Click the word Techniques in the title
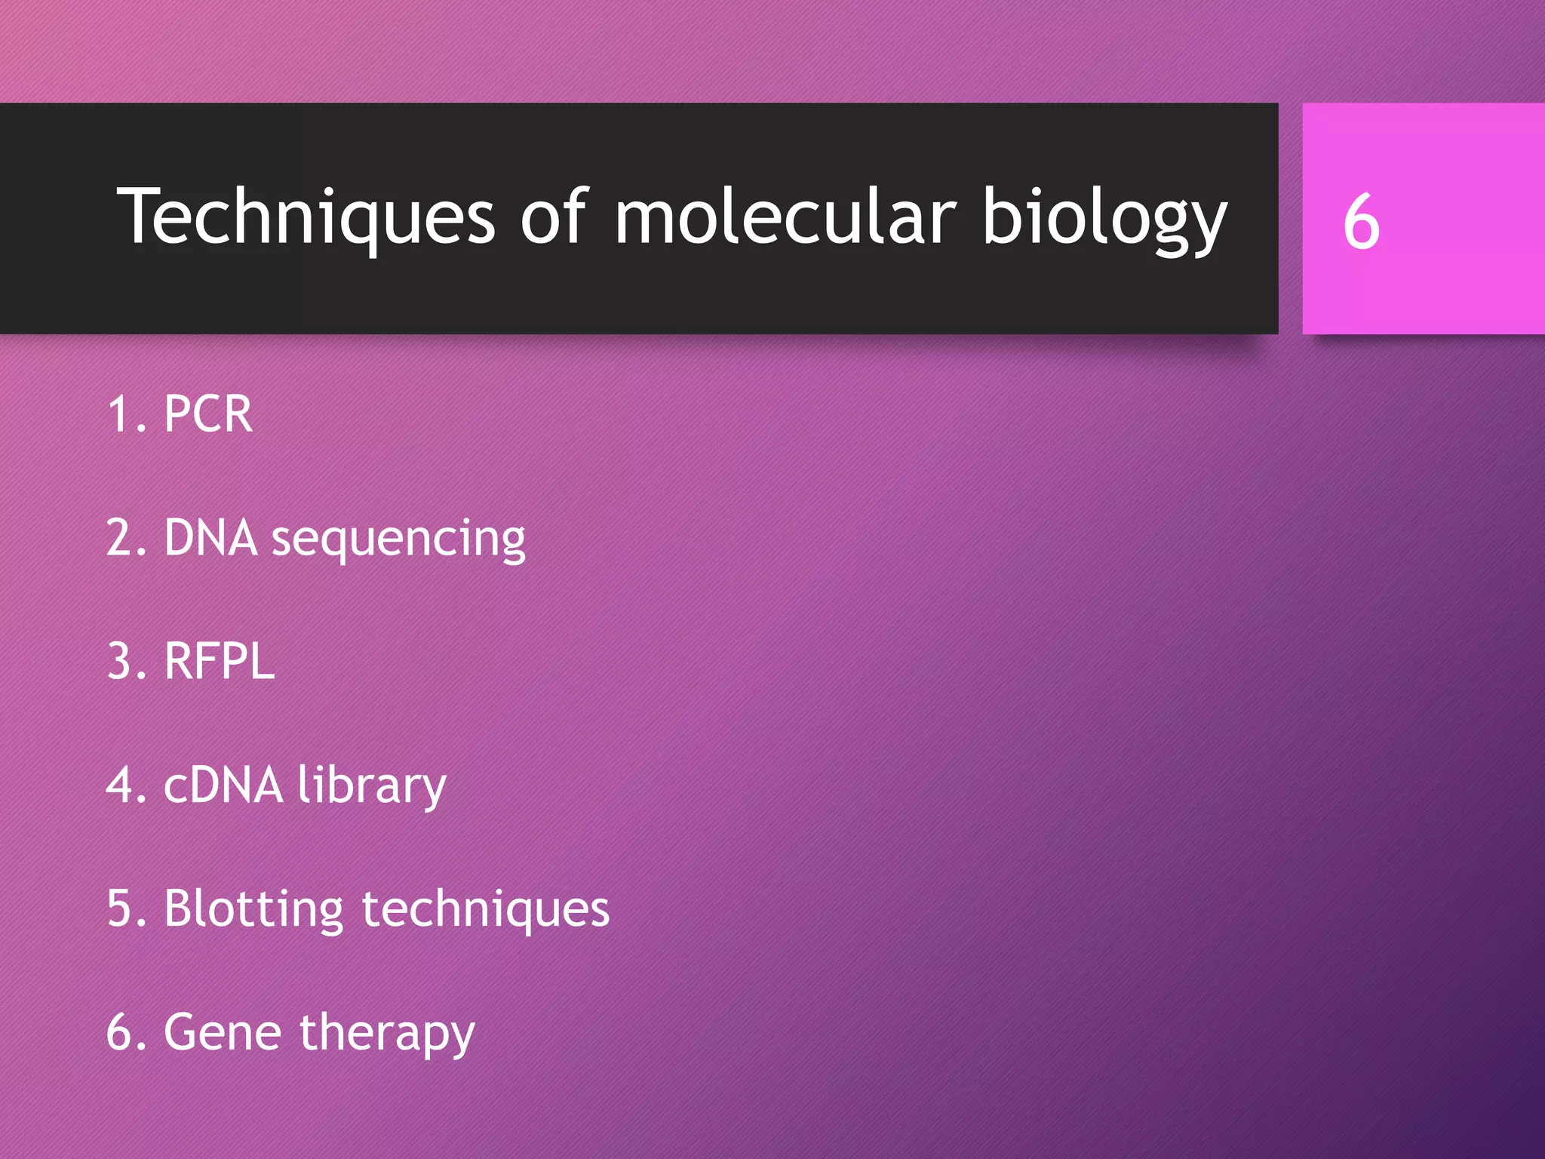(x=306, y=217)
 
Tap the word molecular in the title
(x=785, y=217)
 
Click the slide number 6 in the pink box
(x=1361, y=222)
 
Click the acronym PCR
(x=208, y=414)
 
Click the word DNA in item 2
(x=211, y=538)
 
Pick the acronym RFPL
(x=220, y=662)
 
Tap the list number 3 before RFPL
(x=121, y=662)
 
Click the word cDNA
(x=223, y=785)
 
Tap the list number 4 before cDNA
(x=121, y=785)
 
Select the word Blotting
(x=254, y=909)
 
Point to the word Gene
(x=224, y=1033)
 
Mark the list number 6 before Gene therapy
(x=121, y=1033)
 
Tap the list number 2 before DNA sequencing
(x=121, y=538)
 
